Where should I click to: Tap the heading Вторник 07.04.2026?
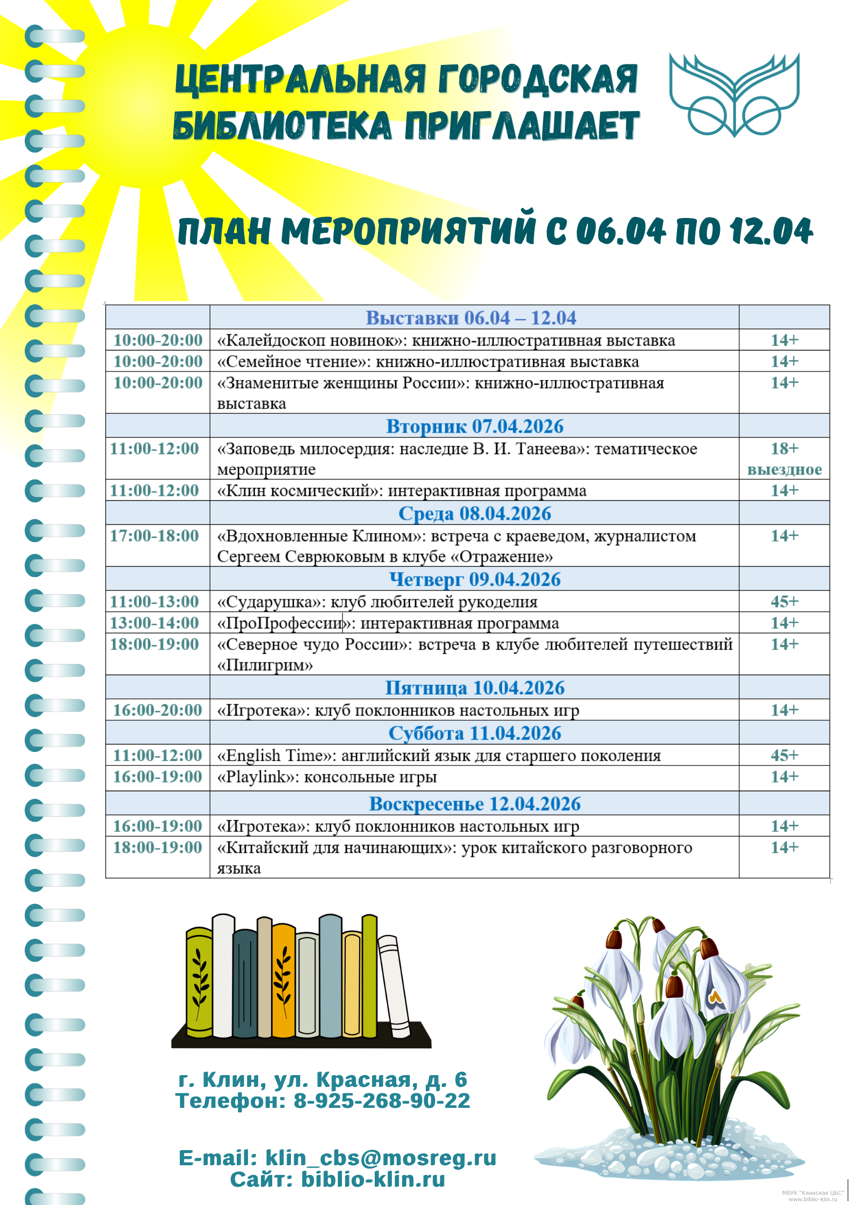click(475, 426)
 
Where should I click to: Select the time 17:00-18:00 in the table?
click(155, 536)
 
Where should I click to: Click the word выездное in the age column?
click(784, 470)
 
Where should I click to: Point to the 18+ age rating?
click(784, 448)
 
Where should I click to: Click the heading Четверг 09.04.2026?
click(475, 579)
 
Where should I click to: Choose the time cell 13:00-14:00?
click(155, 623)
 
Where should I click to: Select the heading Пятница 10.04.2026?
click(475, 688)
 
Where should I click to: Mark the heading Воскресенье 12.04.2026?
click(475, 804)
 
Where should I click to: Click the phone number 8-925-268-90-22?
click(382, 1101)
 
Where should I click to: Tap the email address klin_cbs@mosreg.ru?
click(381, 1158)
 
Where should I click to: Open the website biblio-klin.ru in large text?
click(373, 1179)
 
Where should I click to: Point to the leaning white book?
click(395, 988)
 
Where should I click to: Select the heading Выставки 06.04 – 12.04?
click(471, 318)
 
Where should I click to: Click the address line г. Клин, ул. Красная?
click(323, 1079)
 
